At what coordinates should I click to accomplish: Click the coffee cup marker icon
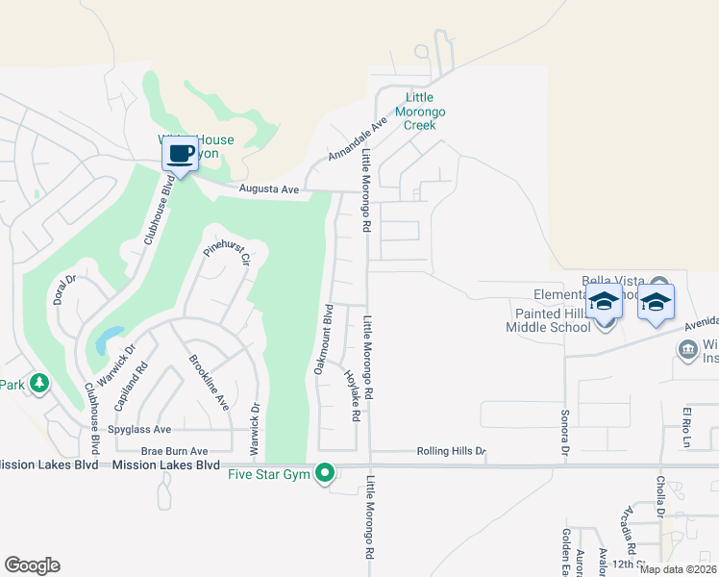(180, 153)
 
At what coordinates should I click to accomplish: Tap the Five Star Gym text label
(272, 473)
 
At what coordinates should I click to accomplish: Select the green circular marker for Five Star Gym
(326, 473)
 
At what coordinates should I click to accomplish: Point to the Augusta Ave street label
(269, 190)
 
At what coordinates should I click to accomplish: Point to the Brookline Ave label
(209, 382)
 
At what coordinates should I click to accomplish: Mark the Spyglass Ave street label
(139, 429)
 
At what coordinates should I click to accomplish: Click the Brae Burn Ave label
(174, 450)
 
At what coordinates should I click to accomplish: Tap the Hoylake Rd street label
(350, 395)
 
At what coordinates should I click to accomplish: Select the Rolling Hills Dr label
(452, 451)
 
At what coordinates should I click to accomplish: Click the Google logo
(33, 565)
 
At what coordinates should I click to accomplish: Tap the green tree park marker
(38, 385)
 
